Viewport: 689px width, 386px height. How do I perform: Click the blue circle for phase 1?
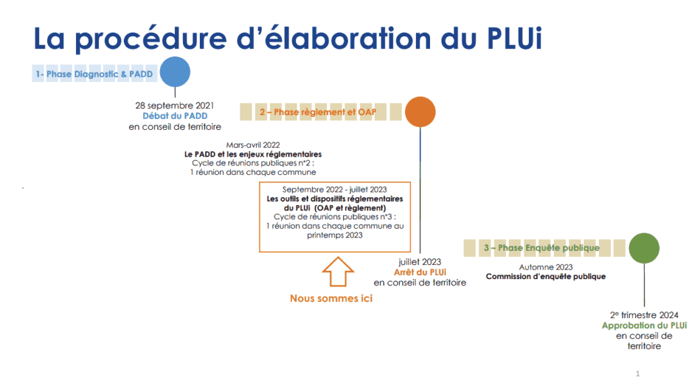(x=174, y=73)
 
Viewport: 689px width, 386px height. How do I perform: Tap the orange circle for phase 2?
(x=421, y=112)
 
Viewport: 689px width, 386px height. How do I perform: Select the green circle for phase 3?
(x=644, y=248)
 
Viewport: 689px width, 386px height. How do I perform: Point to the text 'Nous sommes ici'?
(x=331, y=298)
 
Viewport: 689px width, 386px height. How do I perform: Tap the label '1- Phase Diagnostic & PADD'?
(x=94, y=73)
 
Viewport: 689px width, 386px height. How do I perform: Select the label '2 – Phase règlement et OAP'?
(x=307, y=112)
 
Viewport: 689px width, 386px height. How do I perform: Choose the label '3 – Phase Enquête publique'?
(x=541, y=248)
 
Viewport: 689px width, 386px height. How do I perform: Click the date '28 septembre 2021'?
(x=175, y=106)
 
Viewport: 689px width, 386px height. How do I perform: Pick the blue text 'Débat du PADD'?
(x=175, y=116)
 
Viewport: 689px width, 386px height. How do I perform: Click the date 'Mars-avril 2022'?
(x=253, y=145)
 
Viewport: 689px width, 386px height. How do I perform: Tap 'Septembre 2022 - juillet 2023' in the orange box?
(x=334, y=190)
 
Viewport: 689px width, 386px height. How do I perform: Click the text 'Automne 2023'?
(x=545, y=266)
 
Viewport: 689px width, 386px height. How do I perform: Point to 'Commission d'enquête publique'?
(x=545, y=276)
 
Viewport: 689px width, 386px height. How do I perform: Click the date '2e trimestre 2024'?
(x=644, y=315)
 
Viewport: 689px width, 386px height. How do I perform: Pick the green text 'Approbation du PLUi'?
(x=644, y=325)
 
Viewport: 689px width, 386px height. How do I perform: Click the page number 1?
(x=637, y=373)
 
